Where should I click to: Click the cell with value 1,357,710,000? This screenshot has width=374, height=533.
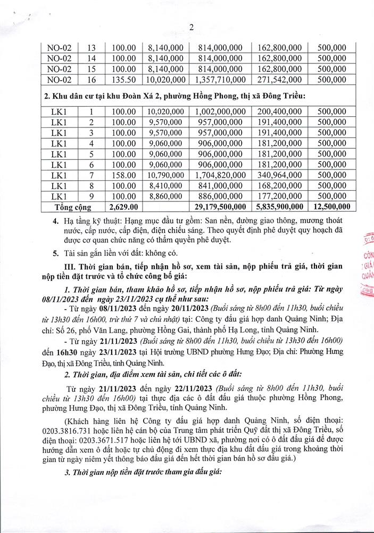click(220, 80)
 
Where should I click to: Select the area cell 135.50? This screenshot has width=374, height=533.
click(123, 80)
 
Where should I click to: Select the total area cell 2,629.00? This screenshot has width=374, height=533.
click(123, 206)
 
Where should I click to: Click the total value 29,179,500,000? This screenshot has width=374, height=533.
click(220, 206)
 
